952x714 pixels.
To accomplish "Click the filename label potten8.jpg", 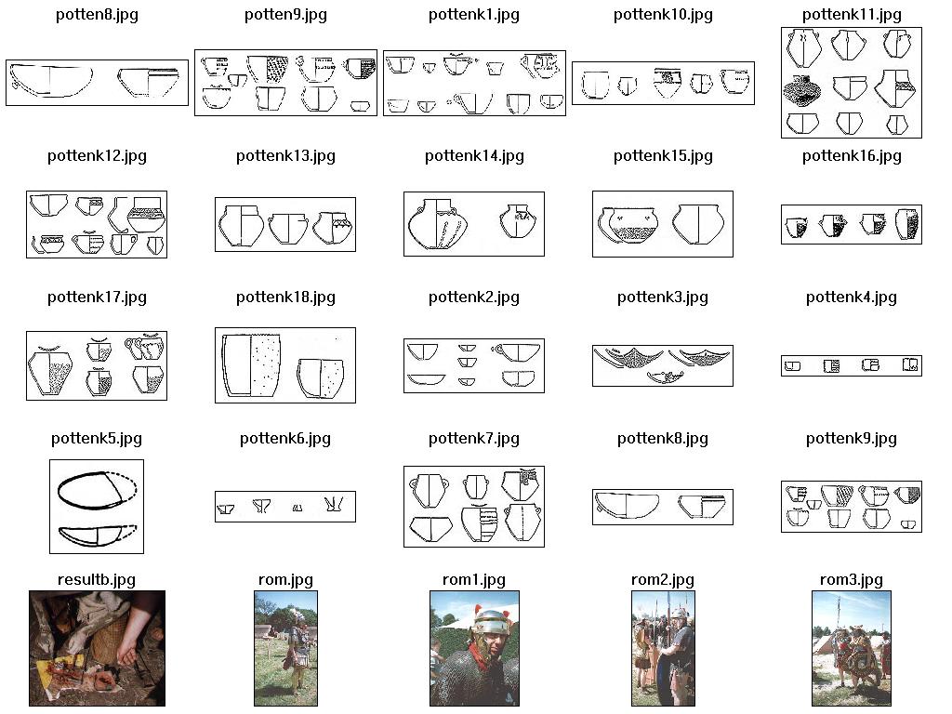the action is coord(97,15).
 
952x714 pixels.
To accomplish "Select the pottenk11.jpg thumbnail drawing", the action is coord(852,83).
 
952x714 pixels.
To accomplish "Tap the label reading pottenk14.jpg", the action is coord(474,156).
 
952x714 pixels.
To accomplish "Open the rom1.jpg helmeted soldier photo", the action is coord(474,648).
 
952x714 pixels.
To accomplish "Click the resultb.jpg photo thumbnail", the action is coord(97,648).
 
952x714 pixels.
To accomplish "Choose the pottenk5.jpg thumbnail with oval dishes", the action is coord(97,507).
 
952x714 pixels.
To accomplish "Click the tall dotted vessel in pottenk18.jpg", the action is coord(251,365).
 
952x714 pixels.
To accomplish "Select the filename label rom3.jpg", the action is coord(852,580).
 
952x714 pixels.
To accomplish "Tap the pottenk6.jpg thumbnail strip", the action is coord(285,507).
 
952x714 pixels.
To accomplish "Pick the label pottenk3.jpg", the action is coord(662,297).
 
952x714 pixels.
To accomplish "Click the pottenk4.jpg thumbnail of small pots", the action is coord(852,365).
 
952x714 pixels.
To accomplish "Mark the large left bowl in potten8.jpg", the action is coord(51,80).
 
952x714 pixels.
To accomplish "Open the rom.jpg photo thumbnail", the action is coord(285,648).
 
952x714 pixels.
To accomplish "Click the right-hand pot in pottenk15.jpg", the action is coord(697,223).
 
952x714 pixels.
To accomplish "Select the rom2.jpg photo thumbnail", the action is coord(663,648).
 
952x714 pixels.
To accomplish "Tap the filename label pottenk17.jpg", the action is coord(97,297).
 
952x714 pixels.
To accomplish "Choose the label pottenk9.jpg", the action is coord(852,439).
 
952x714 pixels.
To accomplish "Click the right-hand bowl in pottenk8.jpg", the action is coord(701,507).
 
